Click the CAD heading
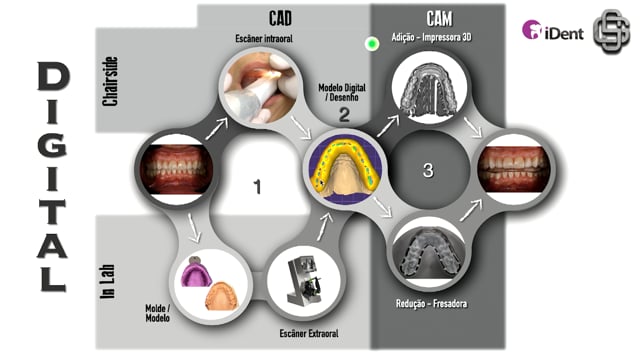click(x=280, y=18)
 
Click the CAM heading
click(x=439, y=19)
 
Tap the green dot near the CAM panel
click(x=371, y=44)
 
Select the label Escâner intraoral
click(x=264, y=39)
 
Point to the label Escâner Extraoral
click(x=309, y=333)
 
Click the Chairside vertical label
click(x=110, y=81)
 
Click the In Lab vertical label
click(x=108, y=282)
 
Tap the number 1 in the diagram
click(x=257, y=187)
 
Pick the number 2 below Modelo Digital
click(x=344, y=114)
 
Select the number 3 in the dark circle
click(x=428, y=170)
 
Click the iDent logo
click(x=553, y=31)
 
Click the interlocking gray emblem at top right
click(x=611, y=31)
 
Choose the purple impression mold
click(x=196, y=271)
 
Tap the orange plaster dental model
click(x=221, y=296)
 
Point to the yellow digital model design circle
click(x=344, y=169)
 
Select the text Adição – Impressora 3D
click(x=431, y=38)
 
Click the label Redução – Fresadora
click(x=431, y=304)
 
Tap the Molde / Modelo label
click(x=158, y=313)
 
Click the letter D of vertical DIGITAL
click(x=53, y=76)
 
